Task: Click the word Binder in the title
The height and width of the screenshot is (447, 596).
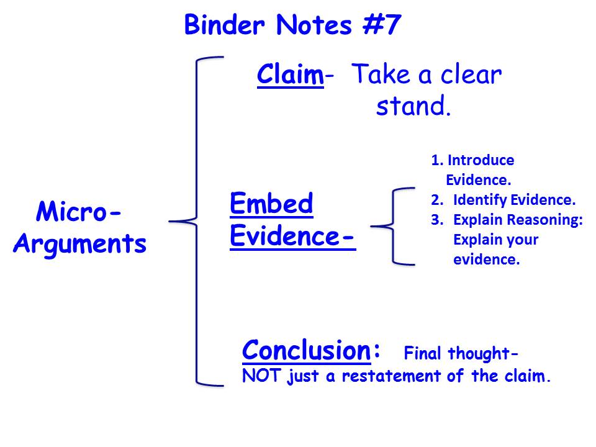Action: pos(224,25)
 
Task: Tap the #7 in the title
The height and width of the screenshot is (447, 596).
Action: pos(382,25)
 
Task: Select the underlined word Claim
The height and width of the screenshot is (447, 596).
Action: pos(291,74)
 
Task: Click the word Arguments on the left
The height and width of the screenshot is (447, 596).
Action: pos(80,243)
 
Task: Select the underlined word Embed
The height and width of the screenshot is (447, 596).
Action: pos(271,204)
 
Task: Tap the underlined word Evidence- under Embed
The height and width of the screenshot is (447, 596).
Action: pos(292,236)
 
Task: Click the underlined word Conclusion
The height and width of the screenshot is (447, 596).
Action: pos(306,350)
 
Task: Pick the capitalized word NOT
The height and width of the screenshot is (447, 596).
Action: pos(261,376)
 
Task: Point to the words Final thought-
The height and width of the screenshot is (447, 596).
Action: pos(461,353)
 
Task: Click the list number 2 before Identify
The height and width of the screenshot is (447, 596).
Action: pos(436,200)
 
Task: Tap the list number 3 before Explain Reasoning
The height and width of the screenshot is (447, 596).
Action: pos(437,220)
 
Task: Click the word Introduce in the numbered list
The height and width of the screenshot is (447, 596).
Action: pos(481,160)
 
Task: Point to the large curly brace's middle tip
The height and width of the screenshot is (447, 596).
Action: pos(169,221)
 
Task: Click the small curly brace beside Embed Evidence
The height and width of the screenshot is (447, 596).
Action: pos(392,226)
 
